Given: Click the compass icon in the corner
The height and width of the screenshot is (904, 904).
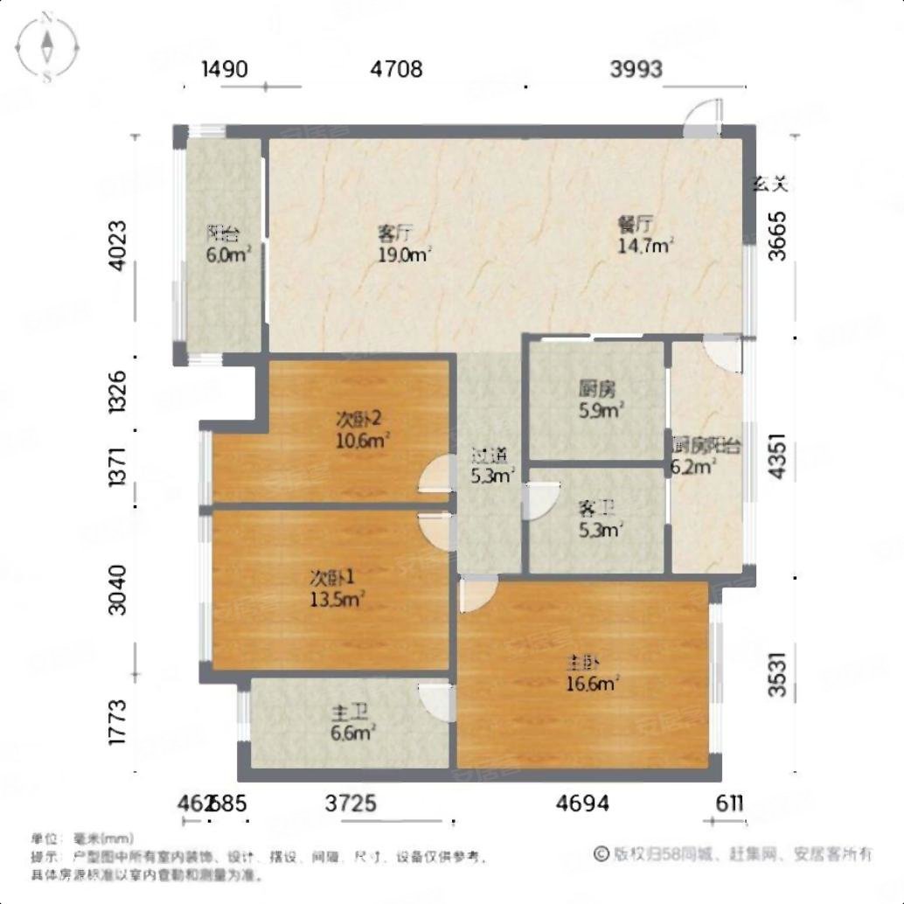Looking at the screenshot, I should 48,45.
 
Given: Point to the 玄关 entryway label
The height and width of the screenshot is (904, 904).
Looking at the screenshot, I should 772,184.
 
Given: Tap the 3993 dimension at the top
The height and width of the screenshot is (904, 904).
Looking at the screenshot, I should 636,69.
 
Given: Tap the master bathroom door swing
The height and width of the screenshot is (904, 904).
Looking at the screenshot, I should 436,699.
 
